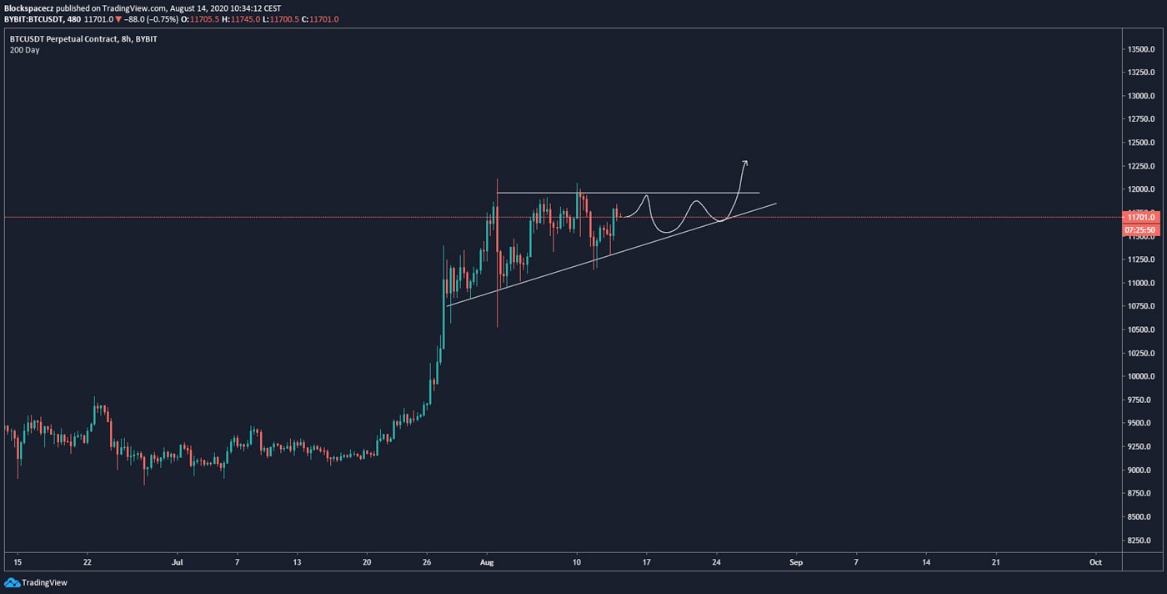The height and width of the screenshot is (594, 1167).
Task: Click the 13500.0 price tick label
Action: (1139, 49)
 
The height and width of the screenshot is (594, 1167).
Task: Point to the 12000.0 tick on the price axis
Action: (1139, 189)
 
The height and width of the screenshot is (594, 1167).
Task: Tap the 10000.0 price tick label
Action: (1139, 376)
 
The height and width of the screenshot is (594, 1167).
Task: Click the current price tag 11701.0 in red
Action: (1139, 217)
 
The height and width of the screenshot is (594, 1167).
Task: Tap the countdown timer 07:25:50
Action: (1139, 229)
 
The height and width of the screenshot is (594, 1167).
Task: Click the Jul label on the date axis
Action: (176, 562)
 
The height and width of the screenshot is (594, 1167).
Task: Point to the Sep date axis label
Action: (795, 562)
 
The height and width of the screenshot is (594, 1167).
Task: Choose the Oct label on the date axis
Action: (1095, 562)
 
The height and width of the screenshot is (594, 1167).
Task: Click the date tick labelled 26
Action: (427, 562)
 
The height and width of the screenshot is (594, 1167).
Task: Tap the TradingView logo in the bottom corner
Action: (37, 582)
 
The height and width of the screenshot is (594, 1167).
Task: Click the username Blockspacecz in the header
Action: (29, 8)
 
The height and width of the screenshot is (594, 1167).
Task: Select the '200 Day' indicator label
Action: (24, 50)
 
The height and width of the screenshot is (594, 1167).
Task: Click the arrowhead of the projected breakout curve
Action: (745, 162)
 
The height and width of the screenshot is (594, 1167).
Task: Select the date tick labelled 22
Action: (87, 562)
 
